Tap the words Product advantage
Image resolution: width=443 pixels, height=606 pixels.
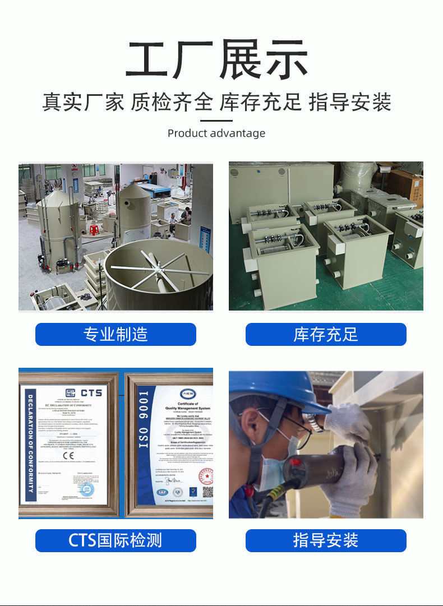[216, 133]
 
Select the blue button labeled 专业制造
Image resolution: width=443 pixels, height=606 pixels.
[116, 335]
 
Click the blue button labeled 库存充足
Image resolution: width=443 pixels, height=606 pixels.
[326, 335]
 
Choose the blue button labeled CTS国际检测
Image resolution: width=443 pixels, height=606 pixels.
[116, 540]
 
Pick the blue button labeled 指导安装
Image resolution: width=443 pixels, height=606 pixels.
[326, 540]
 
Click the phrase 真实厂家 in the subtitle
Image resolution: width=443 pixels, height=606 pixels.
[84, 103]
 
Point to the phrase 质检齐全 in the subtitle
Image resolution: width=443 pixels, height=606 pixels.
[172, 103]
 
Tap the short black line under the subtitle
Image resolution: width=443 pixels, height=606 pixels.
[216, 120]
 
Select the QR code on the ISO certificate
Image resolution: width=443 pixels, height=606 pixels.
[207, 492]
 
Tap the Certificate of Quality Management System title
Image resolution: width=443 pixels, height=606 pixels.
[188, 406]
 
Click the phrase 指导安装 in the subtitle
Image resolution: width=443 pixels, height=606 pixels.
[350, 103]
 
